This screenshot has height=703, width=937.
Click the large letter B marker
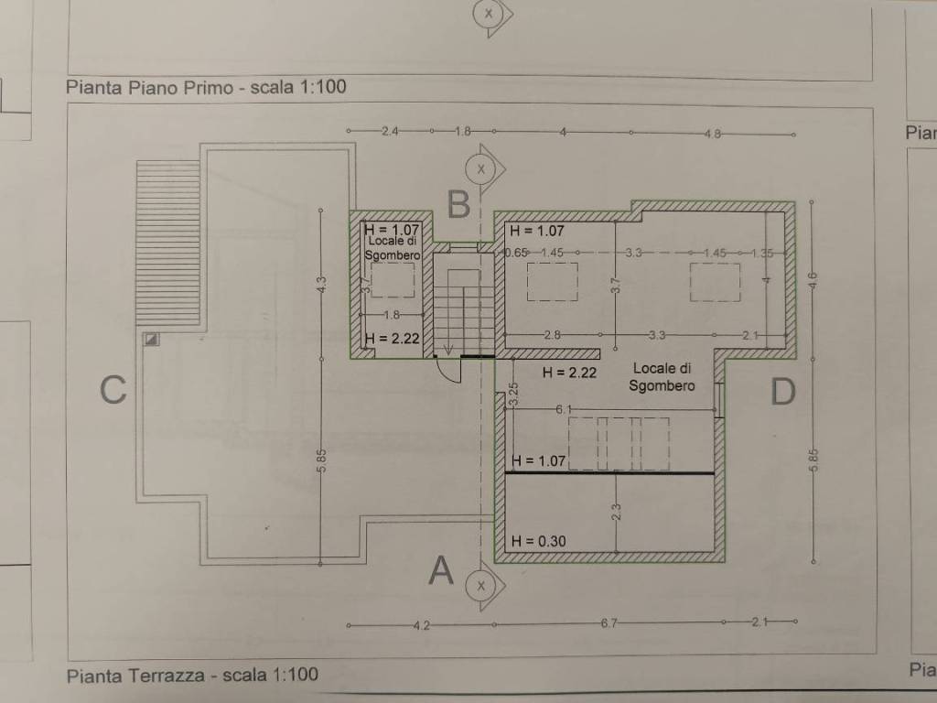coord(459,203)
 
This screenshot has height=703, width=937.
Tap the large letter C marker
coord(113,390)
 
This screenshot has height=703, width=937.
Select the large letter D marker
coord(783,391)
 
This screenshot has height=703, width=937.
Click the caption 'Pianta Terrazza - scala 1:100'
coord(192,676)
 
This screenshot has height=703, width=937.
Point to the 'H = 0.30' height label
coord(539,541)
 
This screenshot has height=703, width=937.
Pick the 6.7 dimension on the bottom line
coord(610,625)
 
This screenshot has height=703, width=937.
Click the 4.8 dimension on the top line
coord(713,134)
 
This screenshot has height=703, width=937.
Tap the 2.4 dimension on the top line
coord(390,132)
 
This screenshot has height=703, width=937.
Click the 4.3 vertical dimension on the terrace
coord(320,285)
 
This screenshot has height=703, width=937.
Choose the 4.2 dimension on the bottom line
coord(423,625)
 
